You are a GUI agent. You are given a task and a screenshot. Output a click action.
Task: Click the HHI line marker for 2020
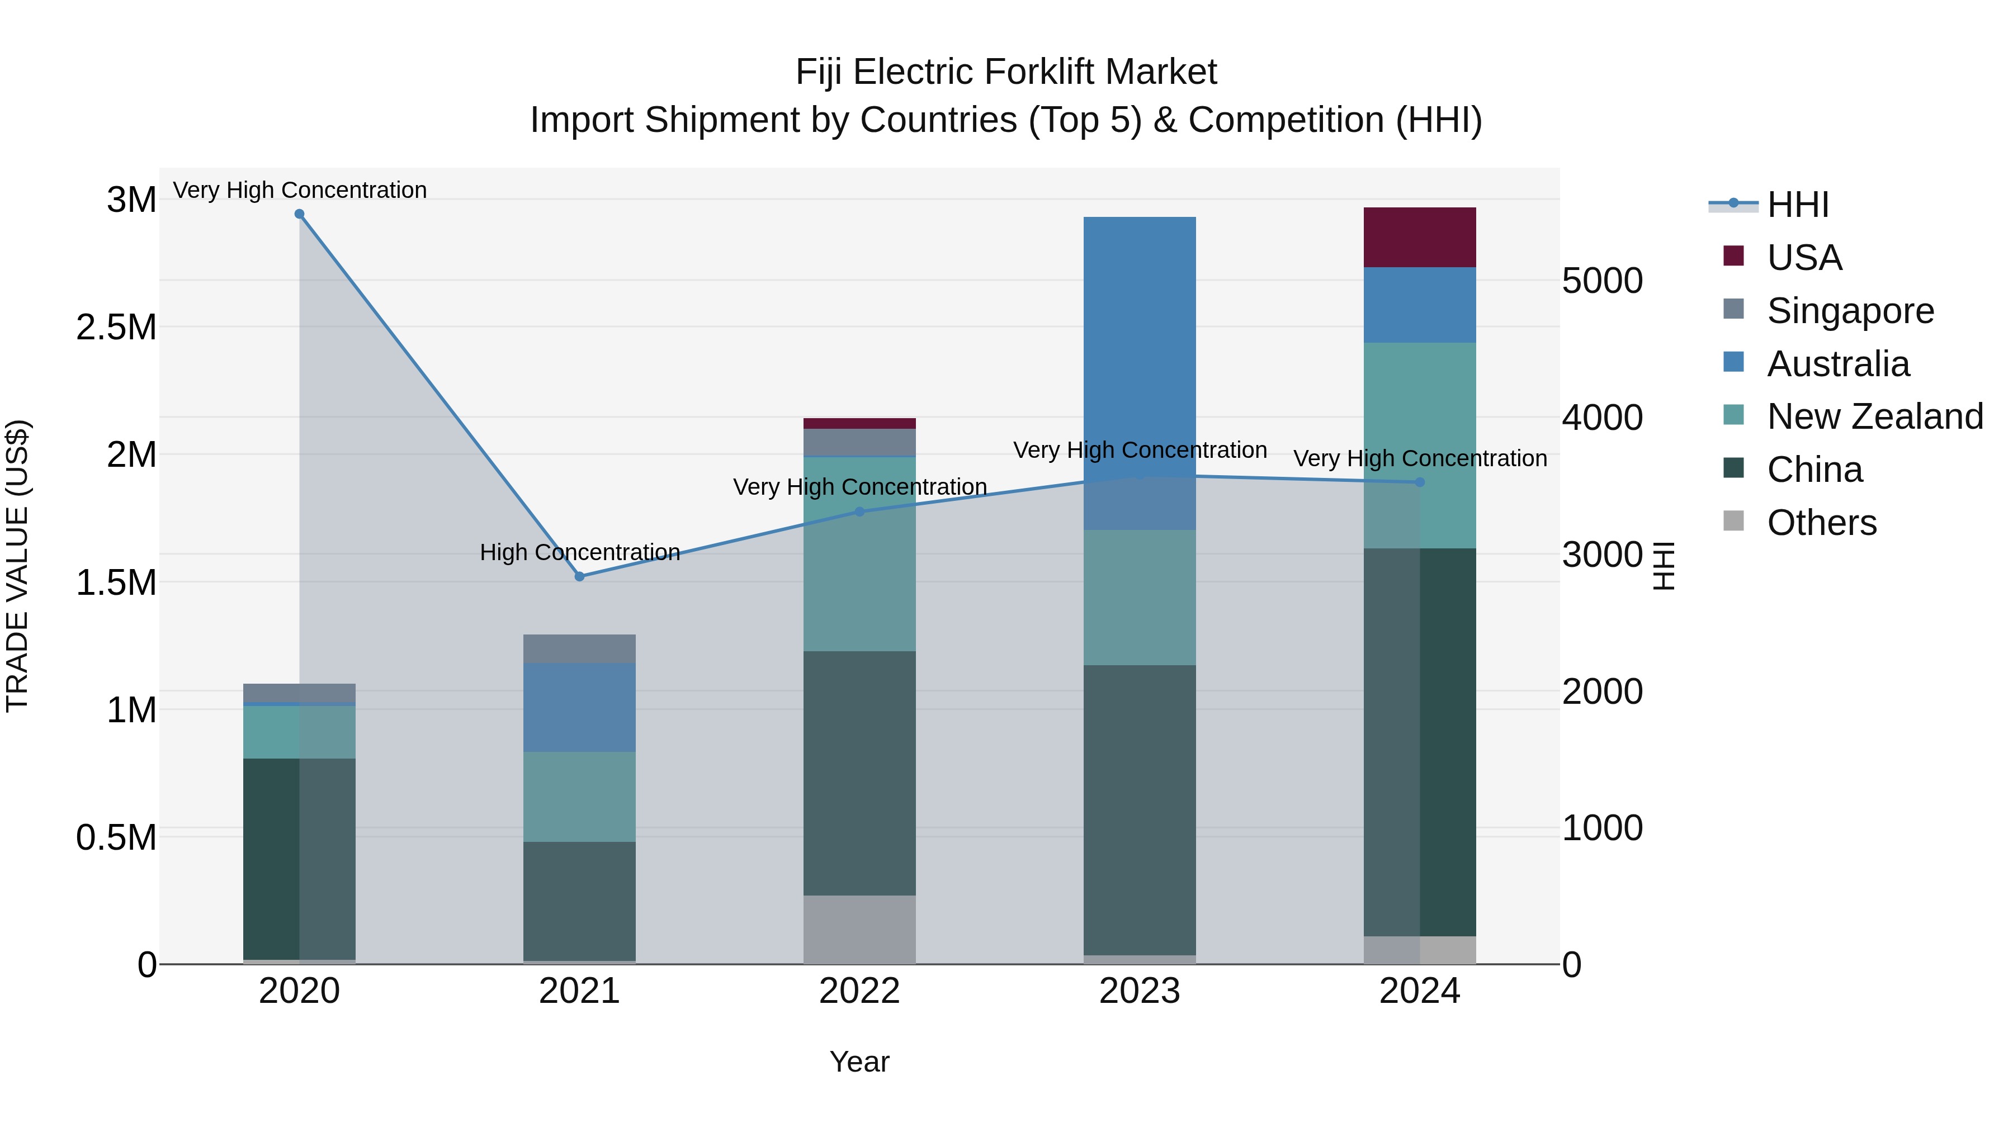tap(299, 214)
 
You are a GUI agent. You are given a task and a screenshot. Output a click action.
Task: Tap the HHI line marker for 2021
tap(579, 576)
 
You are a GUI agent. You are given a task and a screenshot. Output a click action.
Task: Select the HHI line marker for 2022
tap(859, 511)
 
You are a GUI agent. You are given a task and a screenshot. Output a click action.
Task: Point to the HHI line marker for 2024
tap(1420, 482)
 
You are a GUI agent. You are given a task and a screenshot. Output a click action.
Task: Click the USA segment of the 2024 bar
tap(1419, 238)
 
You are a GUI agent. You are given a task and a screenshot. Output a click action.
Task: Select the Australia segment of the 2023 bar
tap(1140, 352)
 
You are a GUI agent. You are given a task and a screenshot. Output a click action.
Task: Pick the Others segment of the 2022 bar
tap(859, 929)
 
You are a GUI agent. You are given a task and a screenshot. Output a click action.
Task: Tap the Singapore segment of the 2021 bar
tap(579, 648)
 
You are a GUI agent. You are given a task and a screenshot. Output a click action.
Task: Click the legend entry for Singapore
tap(1850, 311)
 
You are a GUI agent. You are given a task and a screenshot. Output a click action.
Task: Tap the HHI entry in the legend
tap(1797, 205)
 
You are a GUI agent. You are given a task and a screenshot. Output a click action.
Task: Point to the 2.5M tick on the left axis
tap(116, 328)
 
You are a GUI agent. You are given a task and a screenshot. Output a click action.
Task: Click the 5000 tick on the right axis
tap(1602, 281)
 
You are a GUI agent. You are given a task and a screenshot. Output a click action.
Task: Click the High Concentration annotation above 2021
tap(580, 552)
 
